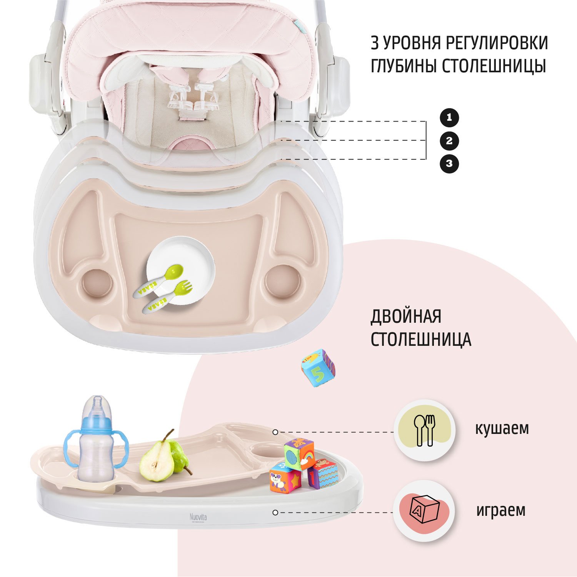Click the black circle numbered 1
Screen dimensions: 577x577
click(x=449, y=118)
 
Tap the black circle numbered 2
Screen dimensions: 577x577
click(x=449, y=141)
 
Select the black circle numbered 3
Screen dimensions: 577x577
click(x=449, y=163)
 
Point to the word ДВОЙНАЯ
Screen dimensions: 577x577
click(x=406, y=317)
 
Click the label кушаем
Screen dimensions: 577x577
click(x=502, y=428)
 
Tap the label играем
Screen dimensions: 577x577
click(x=501, y=511)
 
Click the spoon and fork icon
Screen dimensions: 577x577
click(x=424, y=430)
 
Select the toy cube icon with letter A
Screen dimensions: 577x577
click(x=425, y=510)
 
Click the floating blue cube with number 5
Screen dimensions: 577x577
click(x=318, y=368)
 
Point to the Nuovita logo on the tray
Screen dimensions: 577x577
click(x=198, y=517)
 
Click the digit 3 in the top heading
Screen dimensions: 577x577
click(x=375, y=43)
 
